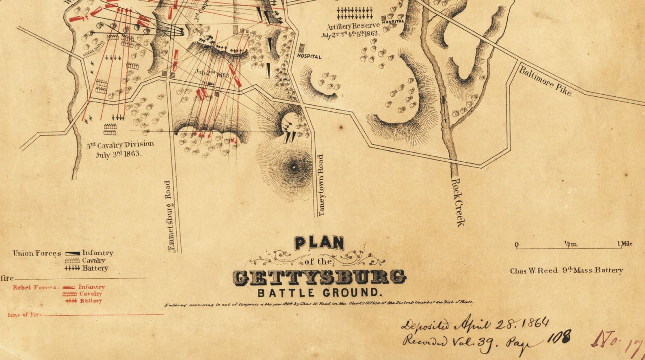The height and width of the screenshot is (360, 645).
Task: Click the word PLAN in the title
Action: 319,243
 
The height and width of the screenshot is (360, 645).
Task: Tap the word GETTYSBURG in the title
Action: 319,277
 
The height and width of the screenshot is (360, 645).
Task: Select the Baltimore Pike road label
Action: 545,81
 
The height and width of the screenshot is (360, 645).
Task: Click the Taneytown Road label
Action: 321,185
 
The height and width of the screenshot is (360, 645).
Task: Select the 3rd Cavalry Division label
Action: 120,145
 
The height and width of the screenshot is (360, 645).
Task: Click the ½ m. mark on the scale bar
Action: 570,244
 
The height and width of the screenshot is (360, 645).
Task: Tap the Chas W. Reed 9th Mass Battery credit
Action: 566,271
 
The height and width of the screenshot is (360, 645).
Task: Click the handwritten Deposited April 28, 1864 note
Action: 475,323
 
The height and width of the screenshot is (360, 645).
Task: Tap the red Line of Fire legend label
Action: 24,314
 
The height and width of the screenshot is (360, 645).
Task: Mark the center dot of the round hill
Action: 294,167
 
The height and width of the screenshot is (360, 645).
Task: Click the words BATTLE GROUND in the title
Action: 318,293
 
